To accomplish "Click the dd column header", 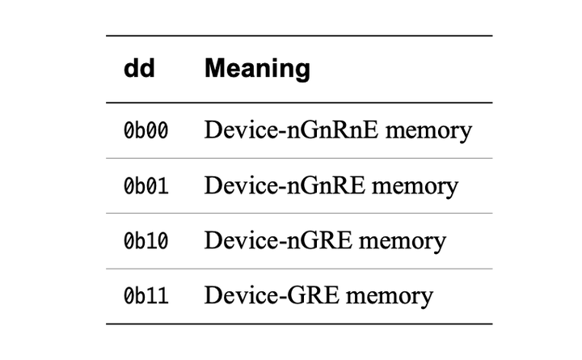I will click(138, 69).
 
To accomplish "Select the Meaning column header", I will click(257, 69).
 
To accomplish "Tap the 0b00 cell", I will click(146, 131).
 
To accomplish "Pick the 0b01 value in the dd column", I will click(146, 186).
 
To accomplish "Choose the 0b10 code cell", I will click(146, 241).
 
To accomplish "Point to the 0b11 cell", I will click(146, 296).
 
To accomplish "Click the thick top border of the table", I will click(298, 36).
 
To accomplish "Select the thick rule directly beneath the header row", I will click(298, 103).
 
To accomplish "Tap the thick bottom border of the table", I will click(298, 324).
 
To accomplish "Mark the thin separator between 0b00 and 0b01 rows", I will click(298, 159).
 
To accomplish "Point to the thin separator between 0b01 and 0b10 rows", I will click(298, 214).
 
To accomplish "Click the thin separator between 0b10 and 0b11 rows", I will click(298, 269).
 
